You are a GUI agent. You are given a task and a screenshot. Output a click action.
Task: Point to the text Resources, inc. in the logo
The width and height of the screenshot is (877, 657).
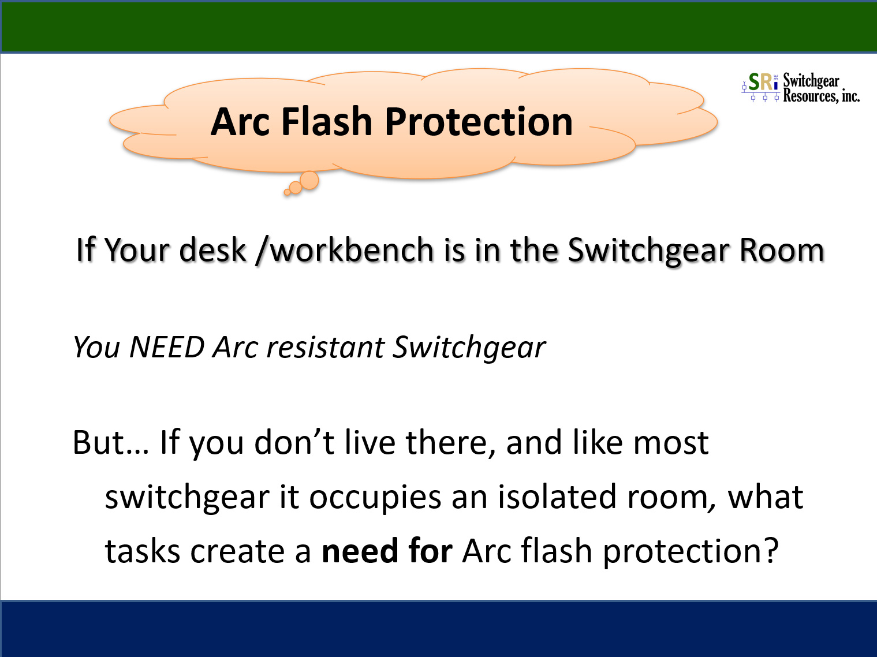tap(821, 96)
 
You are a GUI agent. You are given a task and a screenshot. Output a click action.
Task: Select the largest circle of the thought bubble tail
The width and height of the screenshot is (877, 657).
tap(309, 180)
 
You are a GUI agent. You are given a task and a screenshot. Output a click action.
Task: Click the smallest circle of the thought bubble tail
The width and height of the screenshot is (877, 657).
tap(287, 192)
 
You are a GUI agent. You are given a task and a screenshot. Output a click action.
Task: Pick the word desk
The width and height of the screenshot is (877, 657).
tap(212, 250)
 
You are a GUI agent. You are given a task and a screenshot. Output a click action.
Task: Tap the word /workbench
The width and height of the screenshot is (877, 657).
tap(345, 251)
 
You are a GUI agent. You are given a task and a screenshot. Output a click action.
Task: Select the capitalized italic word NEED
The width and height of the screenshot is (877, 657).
tap(167, 346)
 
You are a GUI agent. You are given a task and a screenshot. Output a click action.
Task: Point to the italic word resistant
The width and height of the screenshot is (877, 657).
tap(325, 346)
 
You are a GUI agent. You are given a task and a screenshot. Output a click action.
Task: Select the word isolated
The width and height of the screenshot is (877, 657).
tap(557, 497)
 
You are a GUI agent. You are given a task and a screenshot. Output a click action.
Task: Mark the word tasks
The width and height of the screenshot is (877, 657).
tap(142, 551)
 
